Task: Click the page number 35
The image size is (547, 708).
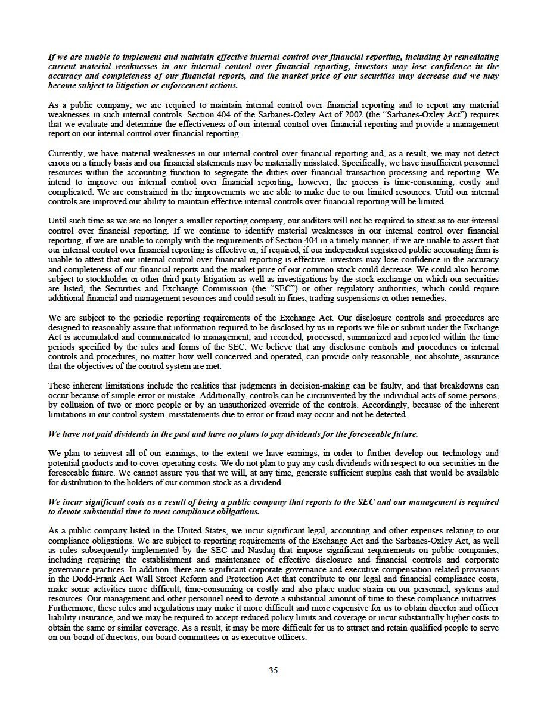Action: (x=273, y=670)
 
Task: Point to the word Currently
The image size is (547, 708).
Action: (x=66, y=153)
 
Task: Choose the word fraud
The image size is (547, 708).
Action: (x=318, y=414)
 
